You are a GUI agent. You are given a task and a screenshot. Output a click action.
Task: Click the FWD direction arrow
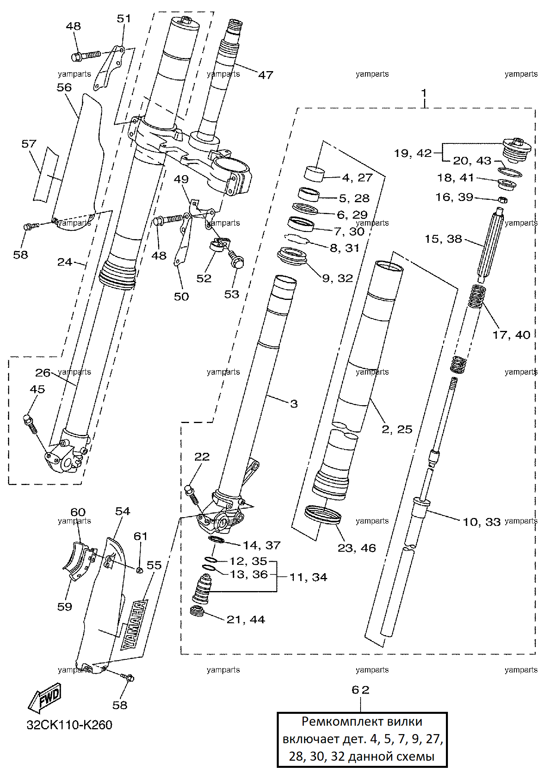point(44,698)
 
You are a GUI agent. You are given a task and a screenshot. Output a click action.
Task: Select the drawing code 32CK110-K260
point(69,725)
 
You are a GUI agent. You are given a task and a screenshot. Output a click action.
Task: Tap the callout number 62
point(361,690)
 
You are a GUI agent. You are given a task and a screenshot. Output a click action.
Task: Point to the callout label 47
point(266,75)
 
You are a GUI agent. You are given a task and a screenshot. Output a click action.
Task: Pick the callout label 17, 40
point(511,335)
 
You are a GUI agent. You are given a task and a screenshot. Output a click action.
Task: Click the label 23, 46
point(357,548)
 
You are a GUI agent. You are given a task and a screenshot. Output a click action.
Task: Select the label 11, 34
point(309,577)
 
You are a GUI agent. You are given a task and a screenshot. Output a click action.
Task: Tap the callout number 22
point(202,457)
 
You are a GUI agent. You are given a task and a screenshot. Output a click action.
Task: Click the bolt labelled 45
point(30,423)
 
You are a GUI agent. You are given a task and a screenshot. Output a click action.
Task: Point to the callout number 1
point(424,93)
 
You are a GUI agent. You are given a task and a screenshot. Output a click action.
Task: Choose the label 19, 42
point(413,153)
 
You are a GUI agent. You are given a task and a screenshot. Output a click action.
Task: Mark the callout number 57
point(29,144)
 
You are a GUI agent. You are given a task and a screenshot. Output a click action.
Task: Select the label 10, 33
point(482,522)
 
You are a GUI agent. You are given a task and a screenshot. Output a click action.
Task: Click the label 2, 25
point(397,429)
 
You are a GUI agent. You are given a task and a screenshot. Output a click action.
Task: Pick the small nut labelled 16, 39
point(502,200)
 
